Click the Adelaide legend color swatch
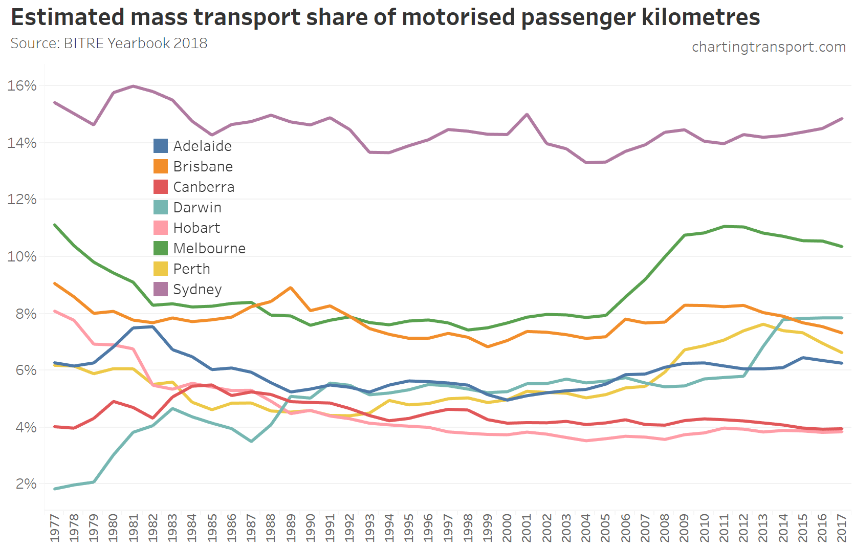pos(161,146)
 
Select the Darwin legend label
pos(197,207)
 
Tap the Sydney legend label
pos(197,289)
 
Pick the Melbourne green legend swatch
pos(161,248)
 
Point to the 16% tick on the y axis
pos(22,85)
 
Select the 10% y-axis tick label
pos(22,256)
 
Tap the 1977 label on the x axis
pos(55,528)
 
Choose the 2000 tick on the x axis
pos(507,528)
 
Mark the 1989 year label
pos(291,528)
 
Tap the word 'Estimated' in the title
pos(68,17)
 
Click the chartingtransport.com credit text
pos(769,47)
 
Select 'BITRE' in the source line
pos(84,43)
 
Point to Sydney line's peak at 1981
pos(134,86)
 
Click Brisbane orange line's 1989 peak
pos(291,288)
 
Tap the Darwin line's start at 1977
pos(55,489)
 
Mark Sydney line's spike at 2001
pos(527,114)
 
